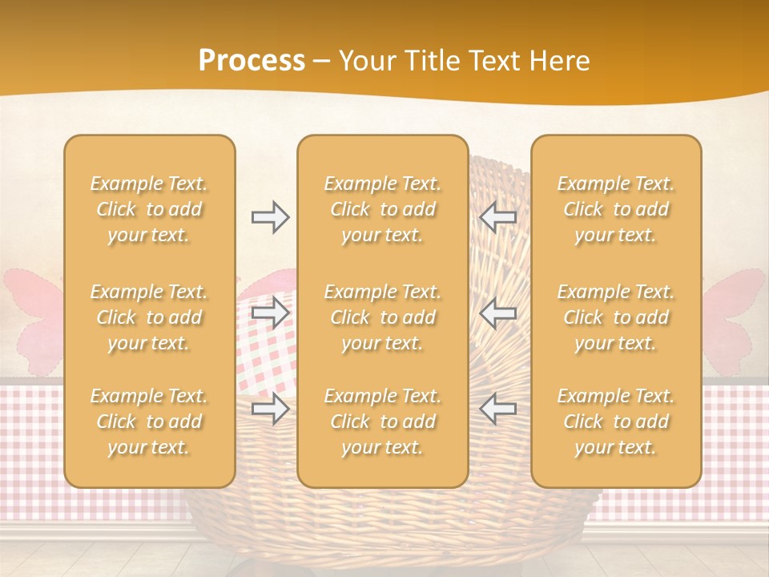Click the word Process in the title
point(252,61)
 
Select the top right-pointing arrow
point(270,216)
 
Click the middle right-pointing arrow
point(270,313)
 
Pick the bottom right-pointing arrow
point(270,409)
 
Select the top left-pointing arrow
point(497,216)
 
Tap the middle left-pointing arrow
point(497,313)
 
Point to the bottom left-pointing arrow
point(497,409)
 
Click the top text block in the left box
point(149,209)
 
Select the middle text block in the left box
point(149,317)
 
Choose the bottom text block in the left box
point(149,422)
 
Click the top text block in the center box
point(383,209)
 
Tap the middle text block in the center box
point(383,317)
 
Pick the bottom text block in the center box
point(383,422)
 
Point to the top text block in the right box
point(616,209)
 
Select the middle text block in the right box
point(616,317)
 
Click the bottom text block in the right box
point(616,422)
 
